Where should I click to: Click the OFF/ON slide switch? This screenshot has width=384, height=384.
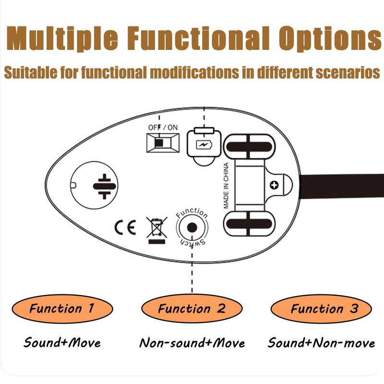162,143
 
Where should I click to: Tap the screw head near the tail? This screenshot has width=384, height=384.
274,185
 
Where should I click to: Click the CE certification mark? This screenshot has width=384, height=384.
125,226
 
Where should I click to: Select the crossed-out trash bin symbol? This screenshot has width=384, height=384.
157,229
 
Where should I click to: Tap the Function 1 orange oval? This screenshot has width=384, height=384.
62,308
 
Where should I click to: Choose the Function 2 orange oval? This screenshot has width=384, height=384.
192,308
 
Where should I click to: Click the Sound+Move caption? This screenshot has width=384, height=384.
62,343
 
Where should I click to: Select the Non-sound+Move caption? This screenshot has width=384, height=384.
192,343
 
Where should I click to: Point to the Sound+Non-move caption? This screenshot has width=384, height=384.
321,343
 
